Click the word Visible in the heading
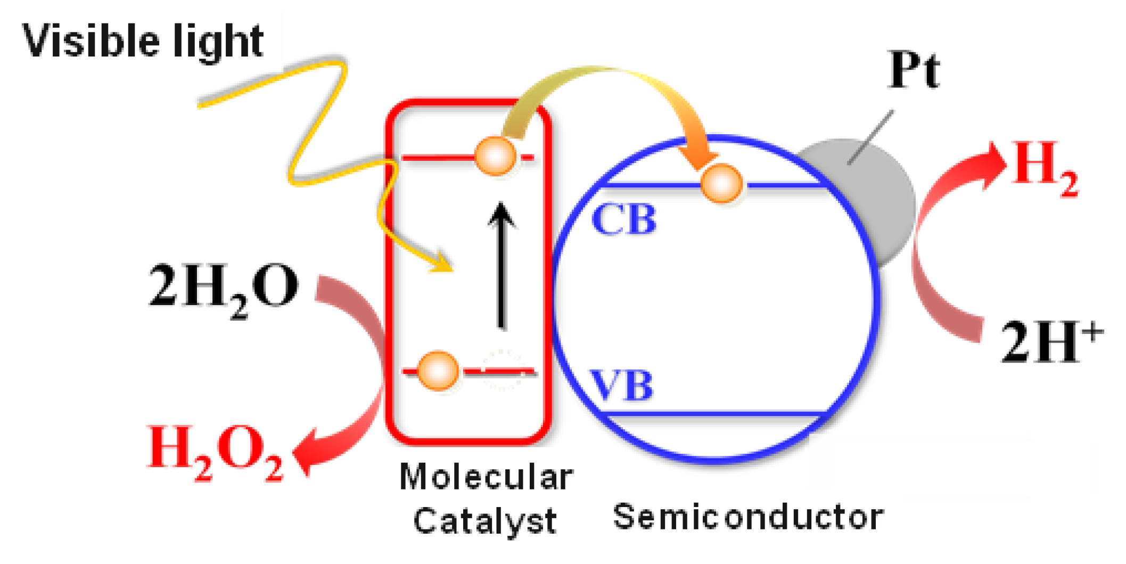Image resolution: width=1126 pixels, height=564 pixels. click(x=85, y=42)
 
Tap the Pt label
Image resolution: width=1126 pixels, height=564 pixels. click(x=914, y=70)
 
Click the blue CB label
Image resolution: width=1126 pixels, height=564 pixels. click(x=624, y=219)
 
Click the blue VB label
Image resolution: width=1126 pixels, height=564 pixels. click(x=621, y=385)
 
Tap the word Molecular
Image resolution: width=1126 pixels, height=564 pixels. click(x=486, y=477)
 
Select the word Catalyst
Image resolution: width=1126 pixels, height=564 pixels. click(x=484, y=521)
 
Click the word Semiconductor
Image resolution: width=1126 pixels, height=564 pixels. click(x=748, y=517)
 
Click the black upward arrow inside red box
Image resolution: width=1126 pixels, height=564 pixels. click(x=501, y=266)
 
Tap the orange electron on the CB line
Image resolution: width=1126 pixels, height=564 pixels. click(x=721, y=184)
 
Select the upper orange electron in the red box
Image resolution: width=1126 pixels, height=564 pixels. click(x=495, y=156)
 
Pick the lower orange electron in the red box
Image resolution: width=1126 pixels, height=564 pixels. click(x=438, y=371)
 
